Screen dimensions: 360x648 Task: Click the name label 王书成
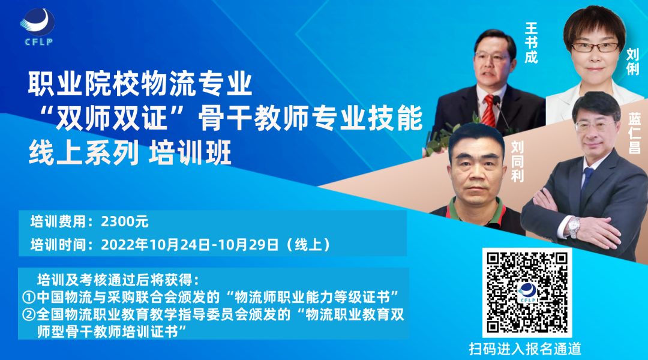point(531,43)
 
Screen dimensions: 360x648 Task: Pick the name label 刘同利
point(517,163)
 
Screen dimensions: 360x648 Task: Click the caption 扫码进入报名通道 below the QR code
point(525,349)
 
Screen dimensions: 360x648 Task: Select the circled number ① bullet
point(29,298)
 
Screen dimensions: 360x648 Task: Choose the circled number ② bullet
point(29,315)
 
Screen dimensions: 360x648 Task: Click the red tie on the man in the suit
point(489,112)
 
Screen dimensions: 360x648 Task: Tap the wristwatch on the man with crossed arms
point(574,226)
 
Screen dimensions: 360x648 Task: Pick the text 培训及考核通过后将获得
point(117,280)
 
